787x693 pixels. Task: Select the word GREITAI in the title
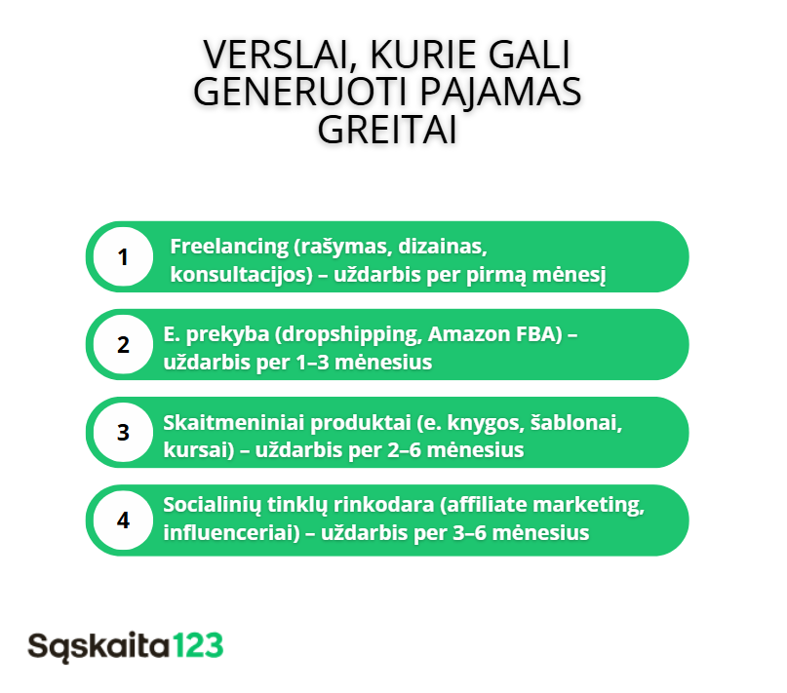[387, 130]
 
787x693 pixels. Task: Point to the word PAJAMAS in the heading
[500, 93]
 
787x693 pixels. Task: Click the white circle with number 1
[123, 257]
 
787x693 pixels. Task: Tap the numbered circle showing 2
[123, 345]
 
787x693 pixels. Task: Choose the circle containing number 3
[123, 433]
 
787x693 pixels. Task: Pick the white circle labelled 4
[123, 520]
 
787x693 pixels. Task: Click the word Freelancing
[229, 247]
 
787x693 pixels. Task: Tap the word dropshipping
[348, 335]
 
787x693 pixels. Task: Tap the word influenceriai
[231, 533]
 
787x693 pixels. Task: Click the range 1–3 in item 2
[312, 363]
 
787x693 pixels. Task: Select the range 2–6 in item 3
[404, 450]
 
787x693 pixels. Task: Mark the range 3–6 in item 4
[470, 533]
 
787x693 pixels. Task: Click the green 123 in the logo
[198, 645]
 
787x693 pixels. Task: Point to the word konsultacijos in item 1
[242, 275]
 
